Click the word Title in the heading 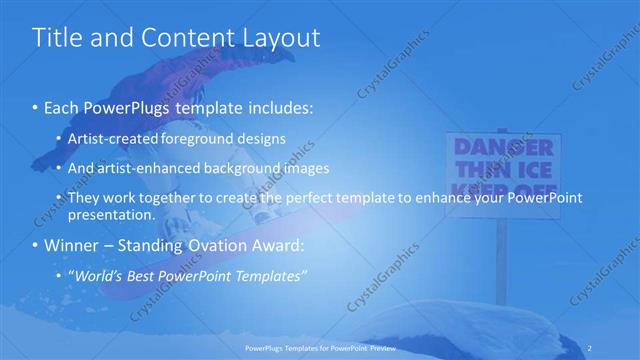(57, 38)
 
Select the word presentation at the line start (111, 214)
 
